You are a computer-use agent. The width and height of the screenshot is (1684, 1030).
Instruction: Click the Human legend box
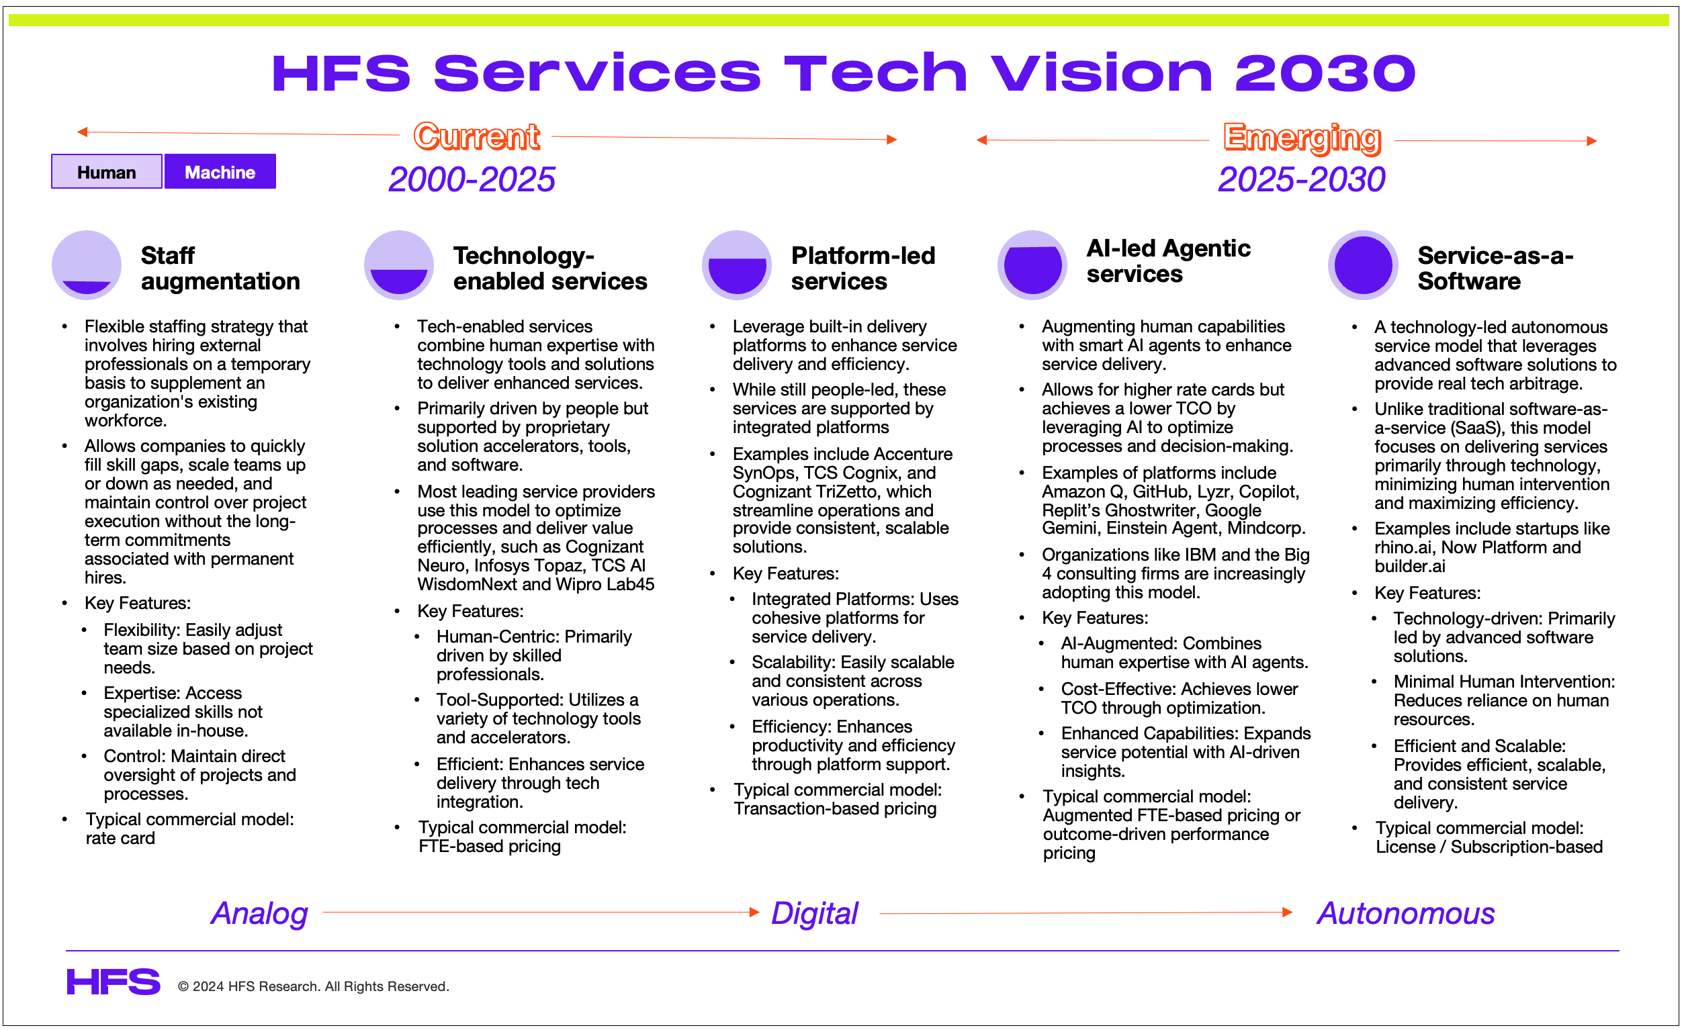(x=107, y=171)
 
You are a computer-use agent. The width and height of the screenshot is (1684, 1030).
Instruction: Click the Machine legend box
(x=220, y=171)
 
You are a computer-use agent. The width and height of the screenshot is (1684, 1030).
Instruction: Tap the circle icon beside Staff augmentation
(x=87, y=265)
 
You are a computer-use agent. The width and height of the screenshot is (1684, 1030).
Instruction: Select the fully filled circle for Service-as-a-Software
(x=1364, y=265)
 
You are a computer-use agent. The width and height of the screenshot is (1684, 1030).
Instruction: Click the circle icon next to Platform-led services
(x=737, y=265)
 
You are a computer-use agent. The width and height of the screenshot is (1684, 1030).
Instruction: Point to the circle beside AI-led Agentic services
(x=1032, y=265)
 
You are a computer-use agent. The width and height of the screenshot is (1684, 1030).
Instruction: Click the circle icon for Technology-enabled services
(x=399, y=265)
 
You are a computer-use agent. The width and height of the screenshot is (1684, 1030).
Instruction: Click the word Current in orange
(x=476, y=136)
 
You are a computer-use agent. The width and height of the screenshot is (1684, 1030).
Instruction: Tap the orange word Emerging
(x=1302, y=138)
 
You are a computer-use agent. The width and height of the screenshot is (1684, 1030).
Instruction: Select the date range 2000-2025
(x=472, y=181)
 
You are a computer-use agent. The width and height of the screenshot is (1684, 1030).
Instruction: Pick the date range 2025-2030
(x=1301, y=181)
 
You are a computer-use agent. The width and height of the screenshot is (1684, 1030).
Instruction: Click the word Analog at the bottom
(x=259, y=914)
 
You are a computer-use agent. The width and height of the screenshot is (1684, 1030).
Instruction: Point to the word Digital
(x=814, y=914)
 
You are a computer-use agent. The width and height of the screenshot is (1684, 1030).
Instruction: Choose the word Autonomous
(x=1406, y=914)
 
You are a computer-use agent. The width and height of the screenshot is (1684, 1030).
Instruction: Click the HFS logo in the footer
(x=114, y=982)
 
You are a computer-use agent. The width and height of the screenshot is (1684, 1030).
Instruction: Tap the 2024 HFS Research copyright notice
(x=314, y=987)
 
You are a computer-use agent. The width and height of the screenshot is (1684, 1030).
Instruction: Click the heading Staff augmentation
(x=220, y=269)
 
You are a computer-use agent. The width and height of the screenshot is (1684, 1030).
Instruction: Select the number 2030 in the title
(x=1325, y=73)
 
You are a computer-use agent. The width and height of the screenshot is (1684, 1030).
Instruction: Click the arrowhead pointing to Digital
(x=754, y=912)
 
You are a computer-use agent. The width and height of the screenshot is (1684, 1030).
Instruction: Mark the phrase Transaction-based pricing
(x=834, y=809)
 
